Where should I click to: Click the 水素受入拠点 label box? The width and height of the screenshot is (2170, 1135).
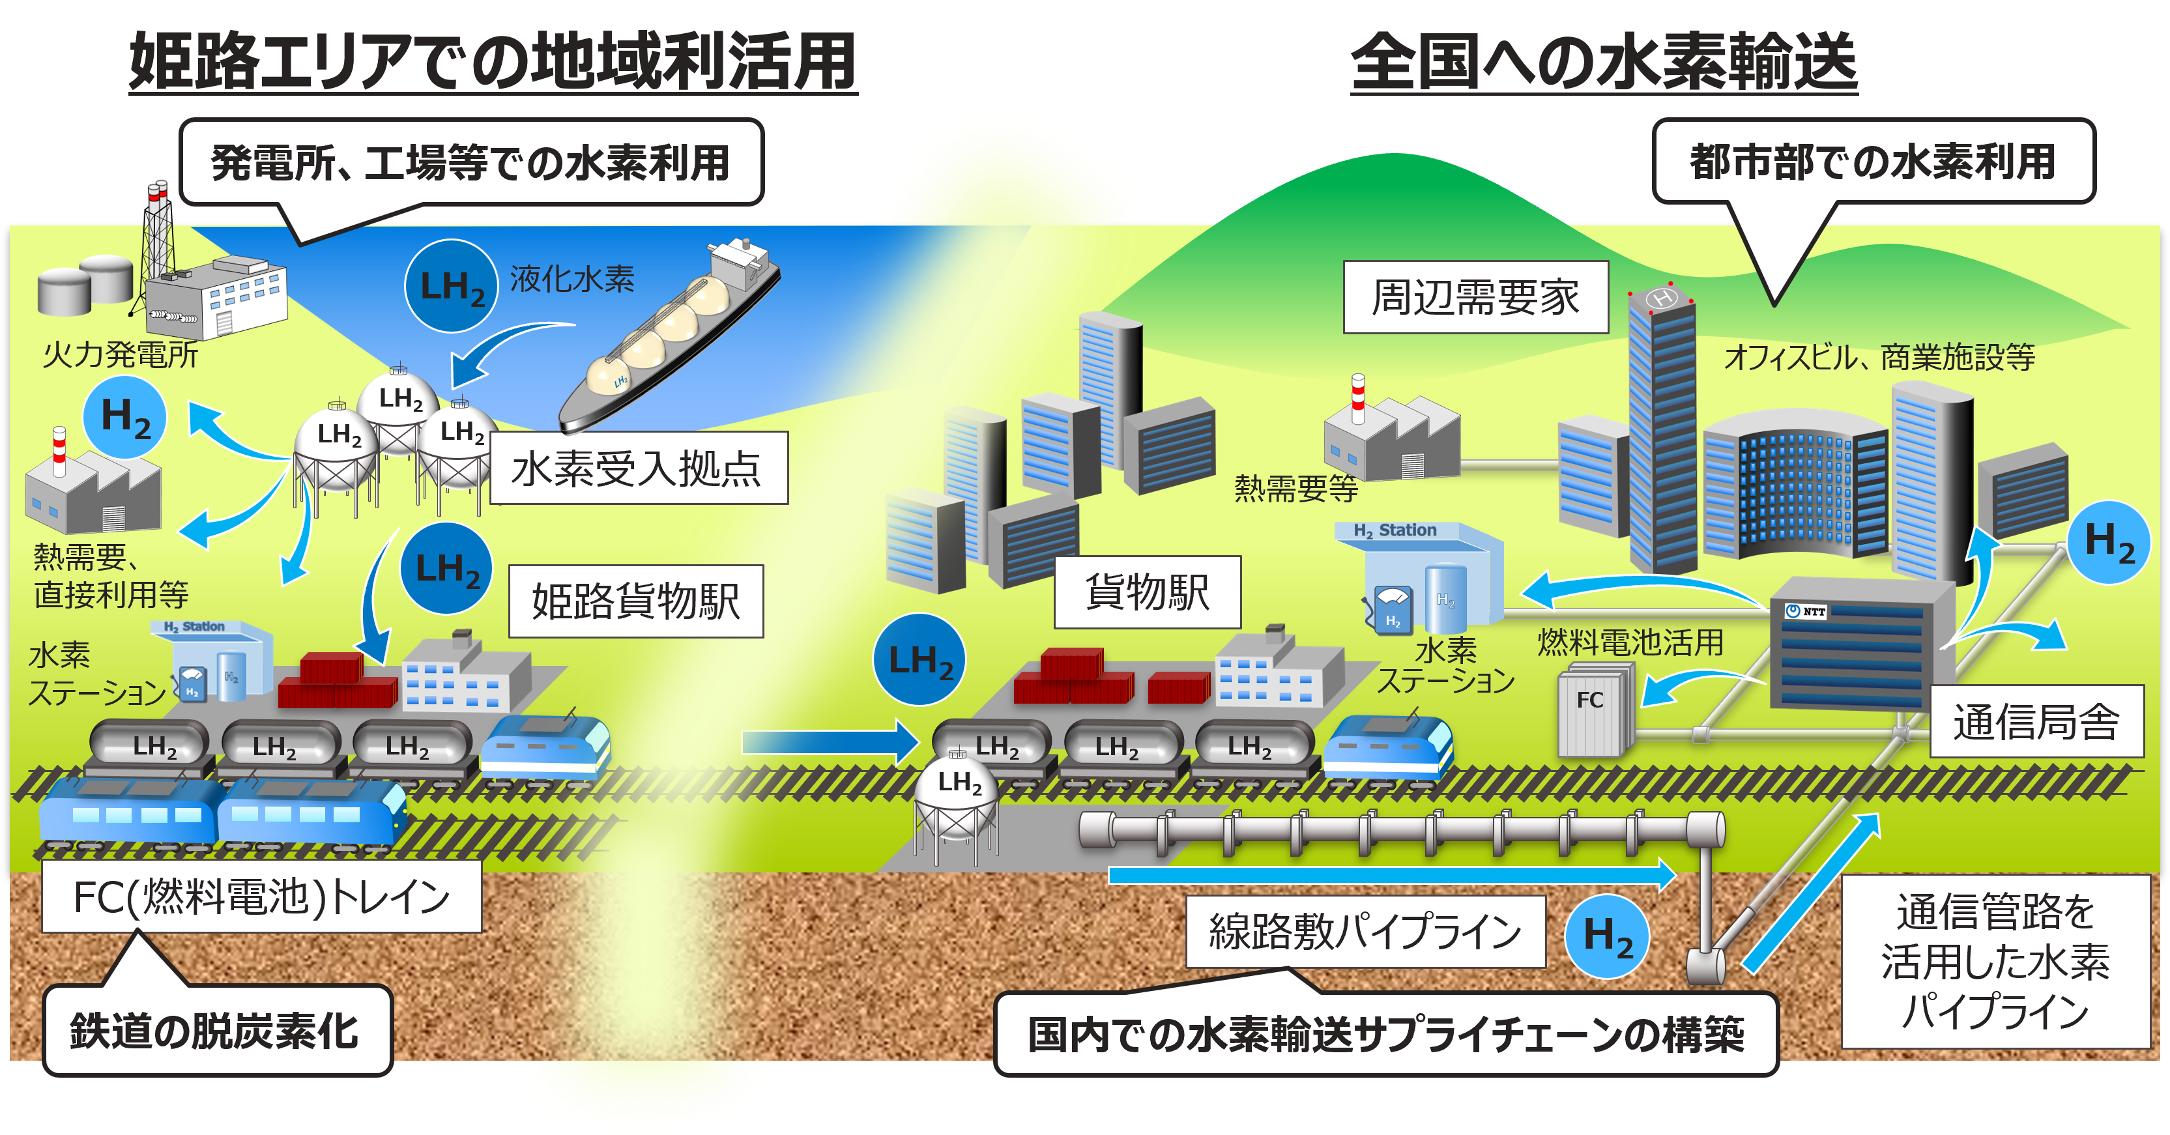coord(639,468)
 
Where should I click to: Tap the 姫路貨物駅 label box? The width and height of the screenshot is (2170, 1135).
coord(636,601)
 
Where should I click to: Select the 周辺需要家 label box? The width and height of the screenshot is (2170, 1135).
coord(1475,297)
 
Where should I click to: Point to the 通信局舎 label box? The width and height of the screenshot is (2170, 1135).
coord(2036,721)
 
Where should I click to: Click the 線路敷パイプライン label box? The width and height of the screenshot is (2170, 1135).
coord(1365,931)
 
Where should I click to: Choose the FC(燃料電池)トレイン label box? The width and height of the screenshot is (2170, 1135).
coord(261,896)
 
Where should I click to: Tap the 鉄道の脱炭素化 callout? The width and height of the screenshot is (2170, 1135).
coord(216,1031)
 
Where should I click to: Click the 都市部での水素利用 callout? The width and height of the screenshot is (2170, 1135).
coord(1873,162)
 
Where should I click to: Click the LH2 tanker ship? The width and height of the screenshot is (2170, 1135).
coord(670,337)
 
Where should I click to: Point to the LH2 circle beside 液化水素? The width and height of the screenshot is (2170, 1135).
coord(452,286)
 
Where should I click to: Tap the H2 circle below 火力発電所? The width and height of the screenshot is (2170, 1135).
coord(124,418)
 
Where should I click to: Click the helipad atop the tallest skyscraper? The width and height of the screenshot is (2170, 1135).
coord(1661,298)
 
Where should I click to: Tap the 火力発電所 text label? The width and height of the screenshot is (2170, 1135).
coord(120,354)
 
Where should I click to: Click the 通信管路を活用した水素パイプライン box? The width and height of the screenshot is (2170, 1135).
coord(1995,960)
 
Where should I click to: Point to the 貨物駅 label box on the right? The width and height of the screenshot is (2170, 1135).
coord(1146,592)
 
